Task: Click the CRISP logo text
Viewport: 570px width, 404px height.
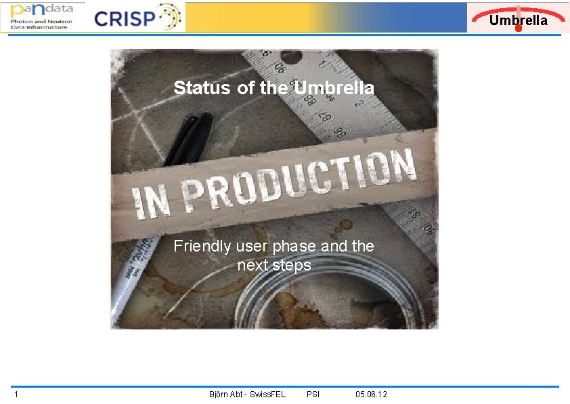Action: click(125, 18)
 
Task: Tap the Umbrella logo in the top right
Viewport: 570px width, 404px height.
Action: click(518, 18)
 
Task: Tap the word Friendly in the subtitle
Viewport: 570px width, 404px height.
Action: click(202, 246)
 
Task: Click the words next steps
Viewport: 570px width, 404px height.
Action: click(274, 265)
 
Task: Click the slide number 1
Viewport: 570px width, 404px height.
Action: click(16, 395)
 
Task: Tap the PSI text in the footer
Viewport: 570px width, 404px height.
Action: click(313, 395)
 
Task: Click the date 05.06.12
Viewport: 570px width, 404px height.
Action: click(371, 395)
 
